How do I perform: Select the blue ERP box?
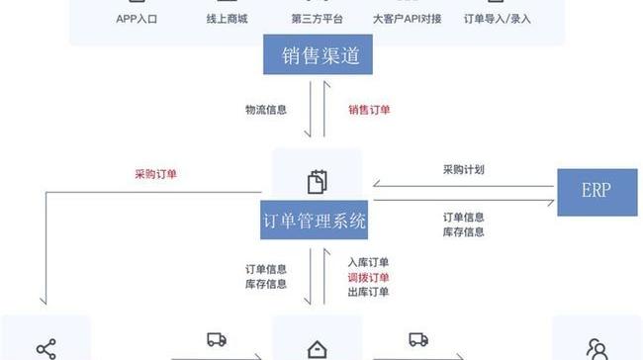point(597,192)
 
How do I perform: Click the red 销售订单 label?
point(369,110)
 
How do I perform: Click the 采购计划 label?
point(463,170)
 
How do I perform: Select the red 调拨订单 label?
point(368,278)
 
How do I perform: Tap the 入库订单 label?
point(368,263)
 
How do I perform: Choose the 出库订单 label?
point(368,292)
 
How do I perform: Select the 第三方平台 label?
point(317,18)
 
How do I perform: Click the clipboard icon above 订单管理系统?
point(317,182)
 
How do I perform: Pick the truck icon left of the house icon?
point(217,340)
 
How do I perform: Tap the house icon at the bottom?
point(317,349)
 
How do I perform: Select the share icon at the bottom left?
point(46,349)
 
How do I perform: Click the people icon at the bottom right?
point(597,349)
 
